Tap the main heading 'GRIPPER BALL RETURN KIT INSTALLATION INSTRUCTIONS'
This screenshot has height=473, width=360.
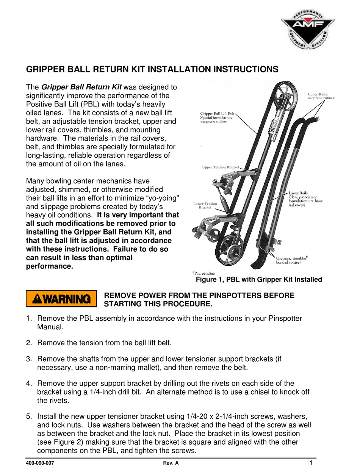(x=152, y=69)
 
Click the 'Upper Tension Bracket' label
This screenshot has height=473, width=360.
(x=220, y=167)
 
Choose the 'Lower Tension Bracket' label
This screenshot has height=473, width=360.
(x=205, y=206)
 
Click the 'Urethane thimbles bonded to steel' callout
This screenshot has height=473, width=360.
(x=292, y=260)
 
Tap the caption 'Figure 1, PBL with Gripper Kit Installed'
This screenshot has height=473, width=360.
(x=258, y=280)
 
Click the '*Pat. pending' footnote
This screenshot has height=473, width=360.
(x=203, y=273)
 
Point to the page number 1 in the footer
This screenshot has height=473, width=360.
(x=310, y=462)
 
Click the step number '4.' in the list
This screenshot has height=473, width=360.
(x=30, y=383)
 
